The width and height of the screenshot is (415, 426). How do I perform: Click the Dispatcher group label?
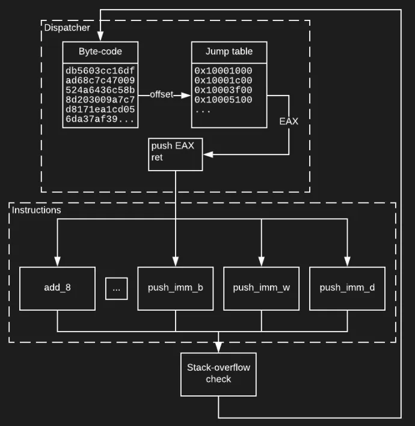tap(67, 27)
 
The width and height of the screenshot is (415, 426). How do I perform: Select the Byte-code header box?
tap(100, 51)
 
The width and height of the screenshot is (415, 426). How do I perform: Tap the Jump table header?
tap(229, 51)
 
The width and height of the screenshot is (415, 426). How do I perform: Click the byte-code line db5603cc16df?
tap(100, 71)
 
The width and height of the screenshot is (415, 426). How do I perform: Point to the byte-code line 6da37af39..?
tap(100, 120)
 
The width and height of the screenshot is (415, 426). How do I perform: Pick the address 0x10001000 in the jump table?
tap(223, 71)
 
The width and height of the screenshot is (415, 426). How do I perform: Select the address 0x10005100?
tap(223, 100)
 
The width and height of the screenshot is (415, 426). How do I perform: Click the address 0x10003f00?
tap(223, 90)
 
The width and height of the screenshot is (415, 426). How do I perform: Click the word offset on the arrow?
tap(161, 95)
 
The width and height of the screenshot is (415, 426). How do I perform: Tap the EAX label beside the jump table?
tap(289, 121)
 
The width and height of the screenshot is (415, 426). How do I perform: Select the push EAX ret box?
tap(176, 154)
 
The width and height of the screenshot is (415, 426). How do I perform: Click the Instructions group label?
tap(37, 210)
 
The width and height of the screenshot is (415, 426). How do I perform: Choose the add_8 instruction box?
tap(58, 288)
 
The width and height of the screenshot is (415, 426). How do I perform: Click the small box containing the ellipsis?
tap(116, 288)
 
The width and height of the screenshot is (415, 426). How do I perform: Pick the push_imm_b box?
tap(176, 288)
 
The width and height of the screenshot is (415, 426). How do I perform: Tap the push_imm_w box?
tap(261, 288)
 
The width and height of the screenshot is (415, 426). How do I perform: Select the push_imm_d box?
tap(347, 288)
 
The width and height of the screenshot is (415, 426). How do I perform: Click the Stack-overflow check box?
tap(218, 374)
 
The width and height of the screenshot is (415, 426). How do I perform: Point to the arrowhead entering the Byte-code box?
tap(100, 37)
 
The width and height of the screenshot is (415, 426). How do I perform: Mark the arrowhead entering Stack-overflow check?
tap(218, 348)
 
